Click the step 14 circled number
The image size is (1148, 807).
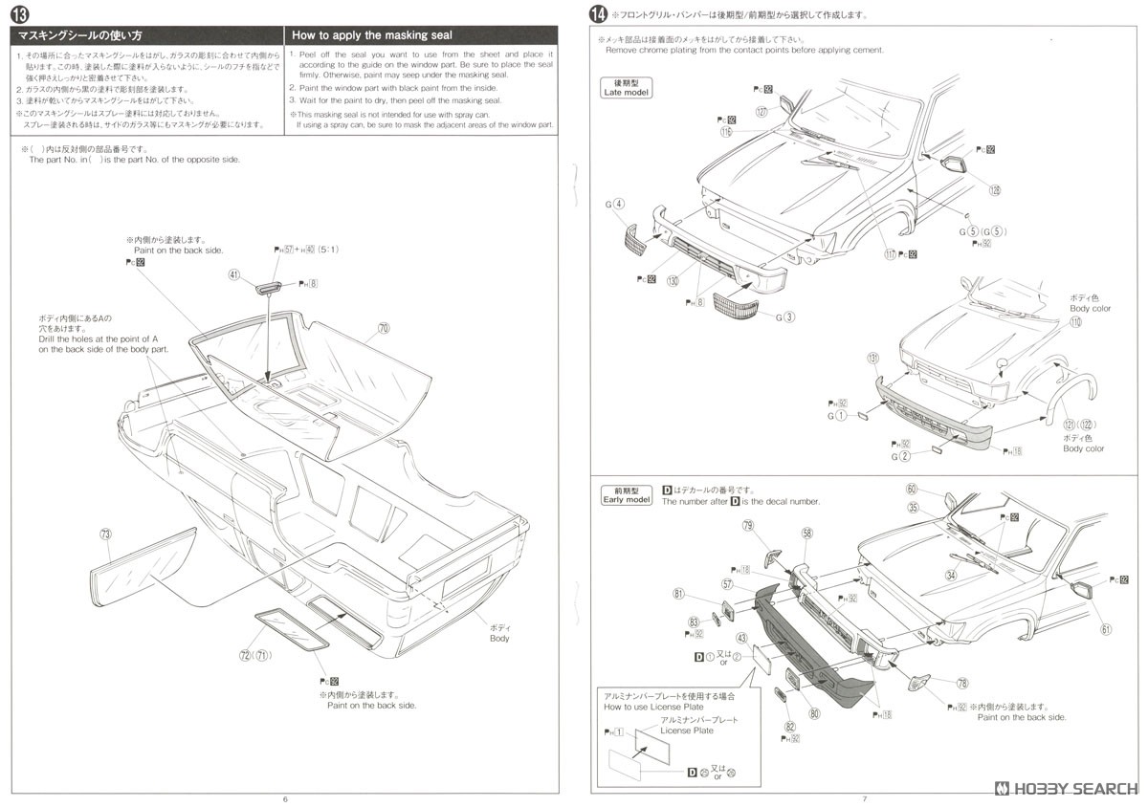tap(599, 14)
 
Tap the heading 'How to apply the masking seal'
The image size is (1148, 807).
tap(372, 35)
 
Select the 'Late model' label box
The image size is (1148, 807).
tap(626, 88)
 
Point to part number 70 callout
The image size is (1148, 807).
tap(384, 328)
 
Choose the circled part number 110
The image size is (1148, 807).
tap(1075, 322)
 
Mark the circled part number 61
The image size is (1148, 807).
tap(1106, 629)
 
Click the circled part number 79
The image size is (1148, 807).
tap(748, 525)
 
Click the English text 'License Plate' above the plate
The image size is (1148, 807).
tap(689, 731)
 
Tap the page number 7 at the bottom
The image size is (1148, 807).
tap(864, 799)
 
